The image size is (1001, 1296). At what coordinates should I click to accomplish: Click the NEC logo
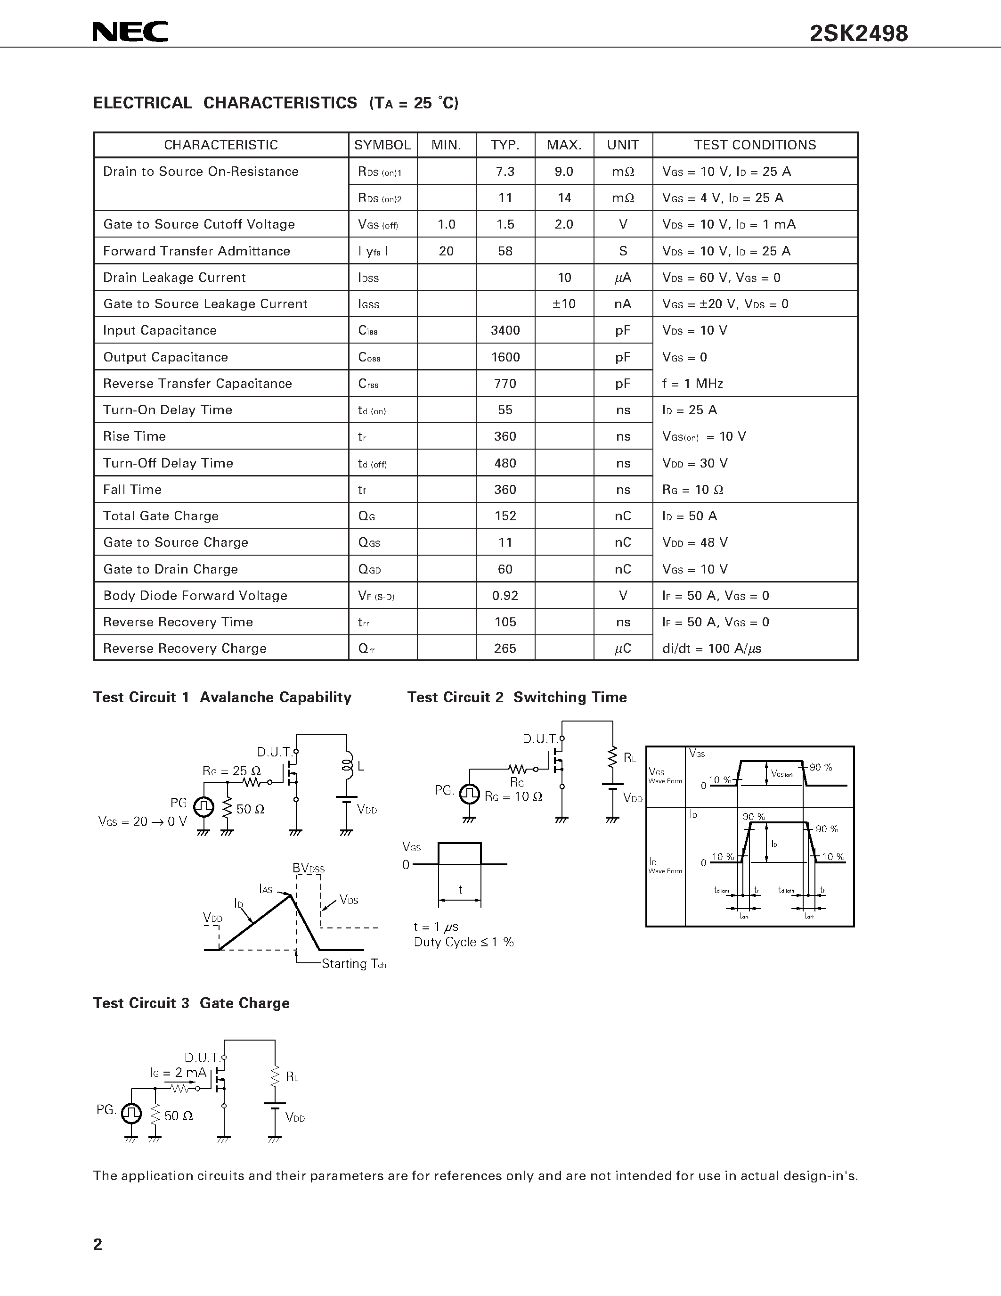[130, 32]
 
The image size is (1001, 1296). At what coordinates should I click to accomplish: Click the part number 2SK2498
[858, 34]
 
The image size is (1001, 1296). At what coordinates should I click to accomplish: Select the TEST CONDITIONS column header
[755, 145]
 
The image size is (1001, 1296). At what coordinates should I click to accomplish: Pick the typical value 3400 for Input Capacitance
[505, 330]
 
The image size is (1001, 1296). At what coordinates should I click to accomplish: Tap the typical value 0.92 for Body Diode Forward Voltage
[505, 596]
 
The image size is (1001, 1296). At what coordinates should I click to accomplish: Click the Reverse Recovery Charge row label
[185, 648]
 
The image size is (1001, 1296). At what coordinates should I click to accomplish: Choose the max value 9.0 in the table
[564, 172]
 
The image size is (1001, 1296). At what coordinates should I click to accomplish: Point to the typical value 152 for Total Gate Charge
[505, 516]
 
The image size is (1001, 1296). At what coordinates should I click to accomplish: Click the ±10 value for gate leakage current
[564, 304]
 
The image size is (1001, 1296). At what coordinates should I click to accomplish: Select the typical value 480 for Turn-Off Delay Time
[505, 463]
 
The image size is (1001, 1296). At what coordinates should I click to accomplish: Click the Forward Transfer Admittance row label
[196, 251]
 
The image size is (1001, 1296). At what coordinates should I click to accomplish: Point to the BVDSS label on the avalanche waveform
[309, 869]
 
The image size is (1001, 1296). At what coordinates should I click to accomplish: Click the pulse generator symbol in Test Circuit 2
[470, 794]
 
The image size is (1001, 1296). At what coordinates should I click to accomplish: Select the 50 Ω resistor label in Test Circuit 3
[179, 1116]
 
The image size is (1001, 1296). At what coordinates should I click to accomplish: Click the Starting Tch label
[353, 964]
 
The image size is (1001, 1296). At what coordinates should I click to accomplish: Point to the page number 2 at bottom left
[98, 1244]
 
